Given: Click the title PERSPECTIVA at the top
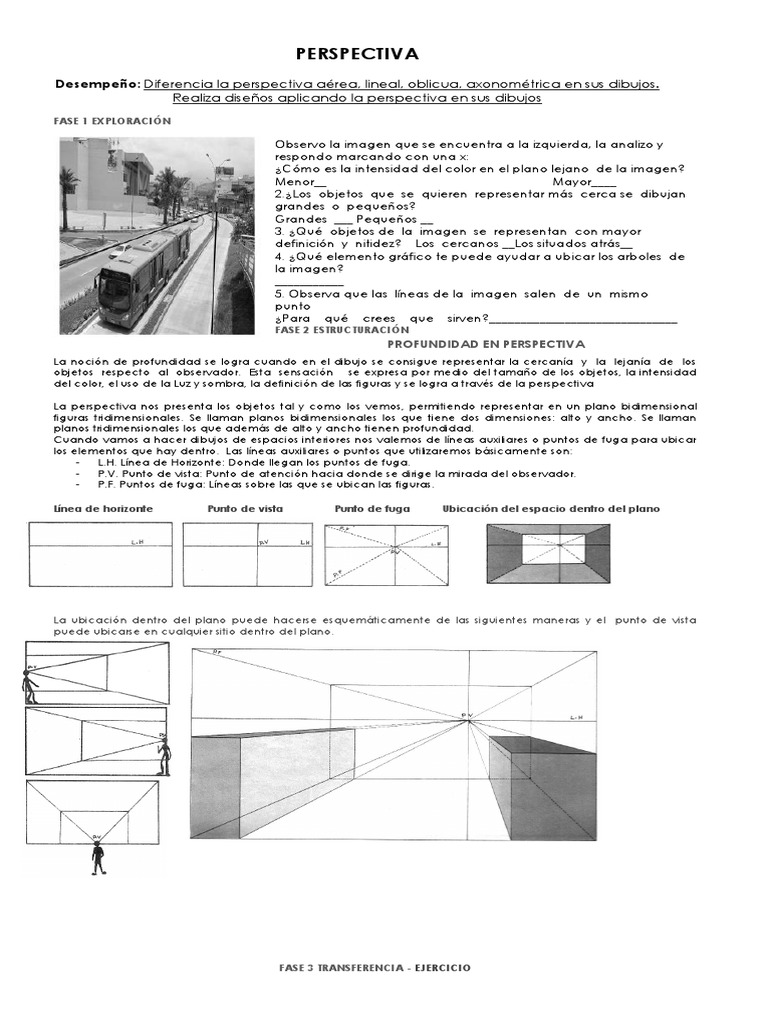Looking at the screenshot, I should [x=357, y=53].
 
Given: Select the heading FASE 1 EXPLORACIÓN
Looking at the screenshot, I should [x=112, y=120].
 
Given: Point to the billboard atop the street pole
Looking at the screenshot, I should [x=221, y=163].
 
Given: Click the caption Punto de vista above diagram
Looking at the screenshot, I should [x=245, y=509].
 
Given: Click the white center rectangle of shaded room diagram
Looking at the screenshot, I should [x=547, y=548].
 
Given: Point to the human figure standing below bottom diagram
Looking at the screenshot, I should [x=97, y=857].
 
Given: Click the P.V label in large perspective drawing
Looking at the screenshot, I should [x=466, y=714].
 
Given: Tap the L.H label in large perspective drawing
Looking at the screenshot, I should [x=575, y=717].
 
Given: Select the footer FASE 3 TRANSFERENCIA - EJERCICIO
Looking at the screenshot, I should [x=374, y=968].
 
